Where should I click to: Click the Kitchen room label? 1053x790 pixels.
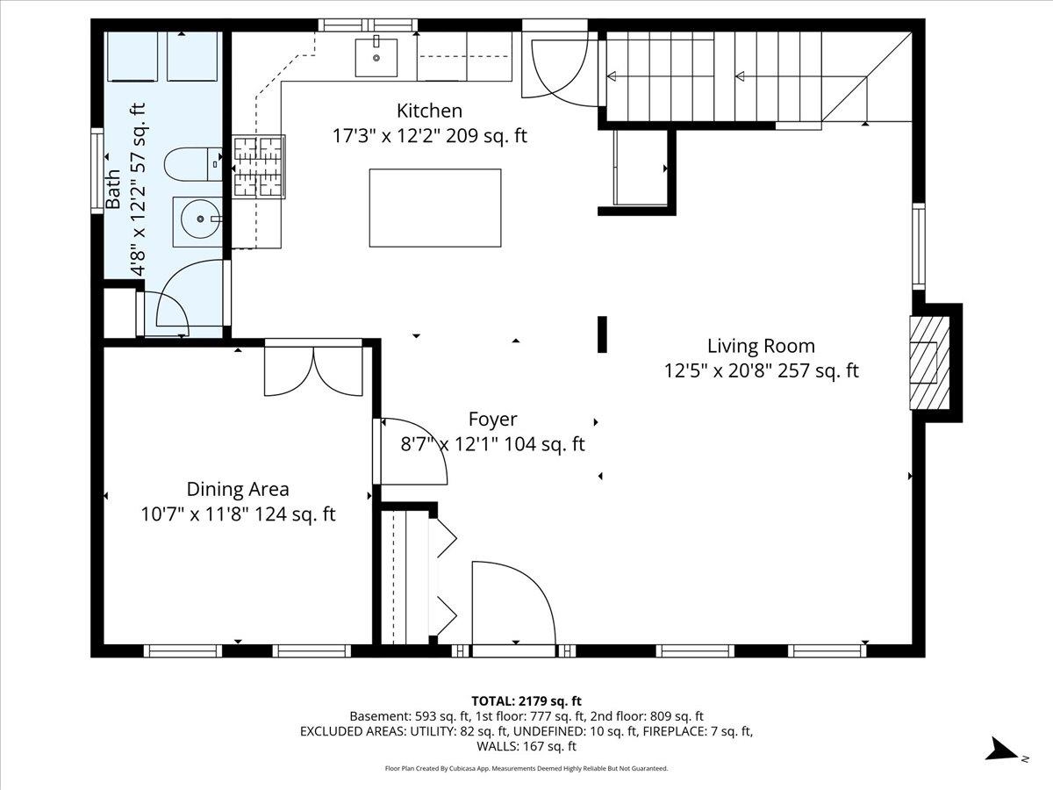point(429,111)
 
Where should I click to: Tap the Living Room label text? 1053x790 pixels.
point(761,346)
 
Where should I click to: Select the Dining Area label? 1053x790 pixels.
point(238,490)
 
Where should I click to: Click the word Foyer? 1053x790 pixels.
point(492,420)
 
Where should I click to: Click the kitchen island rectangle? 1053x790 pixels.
point(435,208)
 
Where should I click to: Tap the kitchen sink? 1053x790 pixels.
point(376,57)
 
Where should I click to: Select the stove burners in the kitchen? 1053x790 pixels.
point(259,165)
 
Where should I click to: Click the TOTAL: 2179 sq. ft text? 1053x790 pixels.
point(526,700)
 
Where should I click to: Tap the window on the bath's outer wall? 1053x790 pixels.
point(97,170)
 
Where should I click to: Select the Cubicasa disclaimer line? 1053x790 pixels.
point(526,768)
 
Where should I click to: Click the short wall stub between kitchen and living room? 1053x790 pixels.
point(602,334)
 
